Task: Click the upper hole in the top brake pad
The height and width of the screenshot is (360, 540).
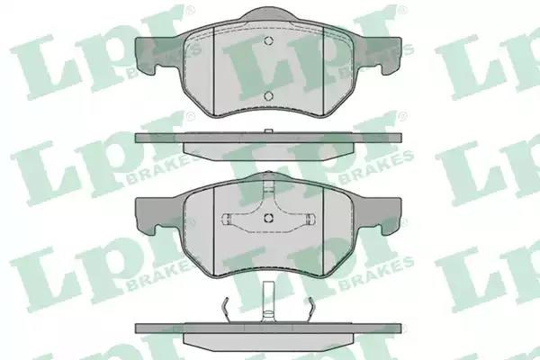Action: (268, 40)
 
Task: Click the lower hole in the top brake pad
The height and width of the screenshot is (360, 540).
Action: (268, 95)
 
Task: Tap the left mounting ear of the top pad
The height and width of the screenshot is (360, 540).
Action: (150, 55)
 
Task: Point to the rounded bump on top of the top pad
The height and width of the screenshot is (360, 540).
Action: (268, 14)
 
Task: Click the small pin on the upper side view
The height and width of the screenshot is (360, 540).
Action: (268, 131)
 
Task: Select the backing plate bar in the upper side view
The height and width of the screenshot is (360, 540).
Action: (268, 138)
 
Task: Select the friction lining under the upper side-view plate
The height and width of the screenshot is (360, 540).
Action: (268, 151)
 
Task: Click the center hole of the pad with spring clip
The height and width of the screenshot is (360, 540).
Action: (268, 218)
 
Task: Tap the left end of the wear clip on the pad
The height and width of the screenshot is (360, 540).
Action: (227, 219)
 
